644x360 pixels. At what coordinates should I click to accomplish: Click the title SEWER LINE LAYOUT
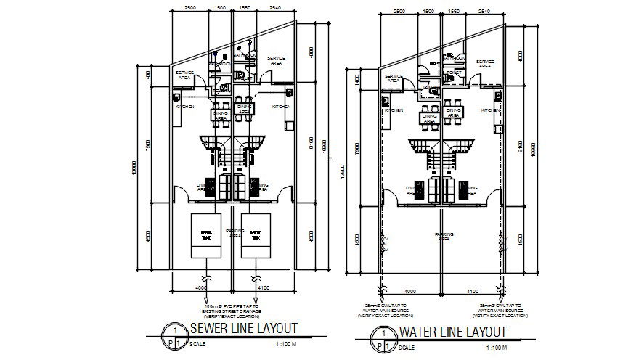click(x=242, y=328)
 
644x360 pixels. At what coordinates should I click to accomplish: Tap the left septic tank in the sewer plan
click(x=206, y=236)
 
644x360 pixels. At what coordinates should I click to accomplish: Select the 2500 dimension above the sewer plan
click(x=190, y=7)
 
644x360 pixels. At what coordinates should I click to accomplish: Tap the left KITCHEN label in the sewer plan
click(x=184, y=107)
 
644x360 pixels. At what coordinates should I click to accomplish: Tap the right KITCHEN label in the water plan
click(x=490, y=110)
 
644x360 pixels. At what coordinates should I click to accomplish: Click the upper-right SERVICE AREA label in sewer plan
click(x=276, y=60)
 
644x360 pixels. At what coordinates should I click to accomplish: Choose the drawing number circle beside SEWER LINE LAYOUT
click(x=174, y=333)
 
